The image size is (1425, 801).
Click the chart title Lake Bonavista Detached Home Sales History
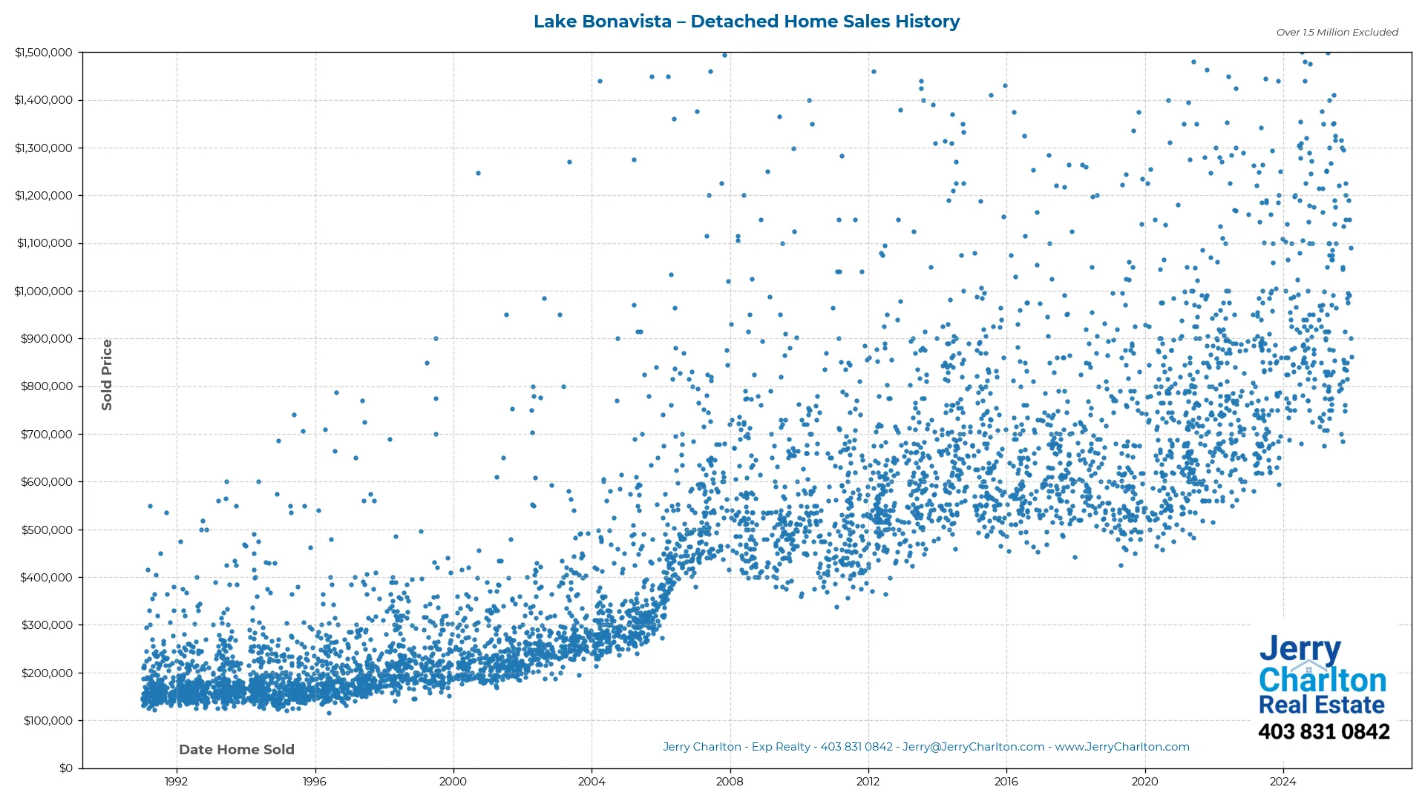(x=747, y=22)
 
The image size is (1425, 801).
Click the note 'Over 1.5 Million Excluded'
(x=1337, y=33)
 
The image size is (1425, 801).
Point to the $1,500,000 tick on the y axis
(x=44, y=53)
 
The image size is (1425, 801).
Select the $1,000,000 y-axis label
(x=44, y=291)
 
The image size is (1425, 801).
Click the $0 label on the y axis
(x=65, y=768)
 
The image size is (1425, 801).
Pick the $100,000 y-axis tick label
(x=47, y=721)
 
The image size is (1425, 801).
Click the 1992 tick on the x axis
(x=176, y=782)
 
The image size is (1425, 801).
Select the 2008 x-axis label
(x=730, y=782)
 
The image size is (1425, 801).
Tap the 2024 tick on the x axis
(x=1283, y=782)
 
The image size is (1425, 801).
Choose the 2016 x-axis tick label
(x=1006, y=782)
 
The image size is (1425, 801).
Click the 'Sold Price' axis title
(x=107, y=375)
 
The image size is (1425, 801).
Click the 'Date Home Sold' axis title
(x=237, y=750)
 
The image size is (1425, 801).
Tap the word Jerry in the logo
(x=1300, y=649)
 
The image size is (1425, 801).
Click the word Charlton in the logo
(x=1323, y=680)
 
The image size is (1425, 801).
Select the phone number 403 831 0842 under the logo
(x=1323, y=732)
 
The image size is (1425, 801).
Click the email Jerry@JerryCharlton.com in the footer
(x=973, y=747)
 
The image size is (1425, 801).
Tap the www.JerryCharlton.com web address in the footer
(x=1122, y=747)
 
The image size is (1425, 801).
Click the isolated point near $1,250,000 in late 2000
(x=478, y=174)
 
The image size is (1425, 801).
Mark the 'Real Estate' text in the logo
(x=1321, y=705)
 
